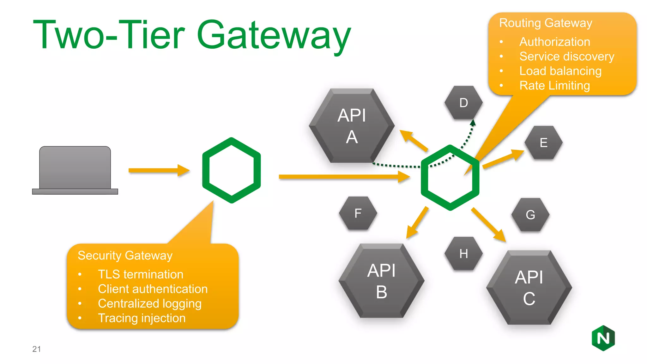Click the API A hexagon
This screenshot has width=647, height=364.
(x=352, y=126)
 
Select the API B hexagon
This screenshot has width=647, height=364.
(x=381, y=281)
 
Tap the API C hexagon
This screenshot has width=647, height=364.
(x=529, y=288)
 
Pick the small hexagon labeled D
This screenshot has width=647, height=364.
(x=463, y=103)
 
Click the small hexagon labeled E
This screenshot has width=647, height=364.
(x=543, y=143)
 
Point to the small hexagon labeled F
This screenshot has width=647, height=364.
(x=358, y=213)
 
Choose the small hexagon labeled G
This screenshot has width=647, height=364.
(x=530, y=215)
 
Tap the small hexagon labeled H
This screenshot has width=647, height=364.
(x=463, y=254)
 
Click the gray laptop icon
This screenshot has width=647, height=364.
(x=75, y=170)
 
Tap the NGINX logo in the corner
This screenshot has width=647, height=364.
(x=603, y=338)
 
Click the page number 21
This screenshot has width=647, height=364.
(x=36, y=349)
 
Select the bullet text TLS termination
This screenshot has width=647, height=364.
(x=140, y=274)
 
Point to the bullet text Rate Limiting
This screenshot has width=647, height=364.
(x=554, y=86)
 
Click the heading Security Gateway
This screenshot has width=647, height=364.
(x=125, y=255)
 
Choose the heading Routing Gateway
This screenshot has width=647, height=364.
(x=545, y=23)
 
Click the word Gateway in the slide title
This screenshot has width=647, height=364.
(x=274, y=35)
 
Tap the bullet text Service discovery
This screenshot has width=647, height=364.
(x=566, y=57)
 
